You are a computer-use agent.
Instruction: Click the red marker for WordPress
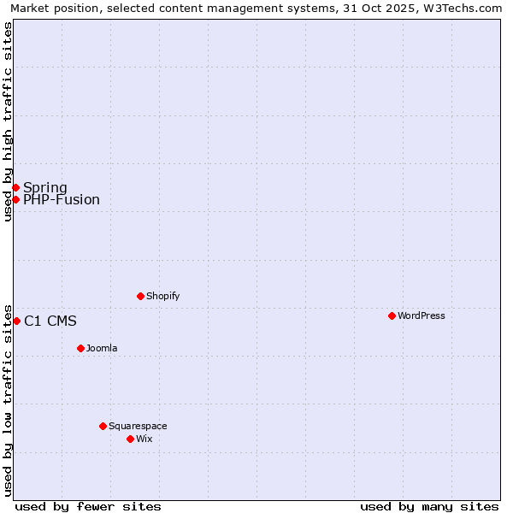[392, 315]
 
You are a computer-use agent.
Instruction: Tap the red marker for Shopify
[140, 296]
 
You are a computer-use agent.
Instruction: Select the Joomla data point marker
[80, 348]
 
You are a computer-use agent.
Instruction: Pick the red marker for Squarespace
[103, 426]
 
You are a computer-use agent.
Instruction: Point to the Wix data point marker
[130, 439]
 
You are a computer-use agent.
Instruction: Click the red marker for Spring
[15, 187]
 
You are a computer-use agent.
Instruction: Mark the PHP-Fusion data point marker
[15, 199]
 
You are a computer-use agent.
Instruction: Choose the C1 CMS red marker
[16, 321]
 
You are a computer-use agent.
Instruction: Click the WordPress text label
[422, 315]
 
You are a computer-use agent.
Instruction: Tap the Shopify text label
[163, 296]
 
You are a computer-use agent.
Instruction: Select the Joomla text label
[102, 348]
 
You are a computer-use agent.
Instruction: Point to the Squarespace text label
[138, 426]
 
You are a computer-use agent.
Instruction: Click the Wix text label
[144, 439]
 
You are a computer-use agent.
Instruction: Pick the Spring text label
[45, 188]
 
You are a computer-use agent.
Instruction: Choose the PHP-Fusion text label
[62, 200]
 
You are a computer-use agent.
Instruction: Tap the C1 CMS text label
[50, 321]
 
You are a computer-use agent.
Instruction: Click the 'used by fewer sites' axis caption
[88, 506]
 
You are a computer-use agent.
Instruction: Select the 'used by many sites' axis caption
[429, 506]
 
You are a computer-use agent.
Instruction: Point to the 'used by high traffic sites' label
[9, 121]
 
